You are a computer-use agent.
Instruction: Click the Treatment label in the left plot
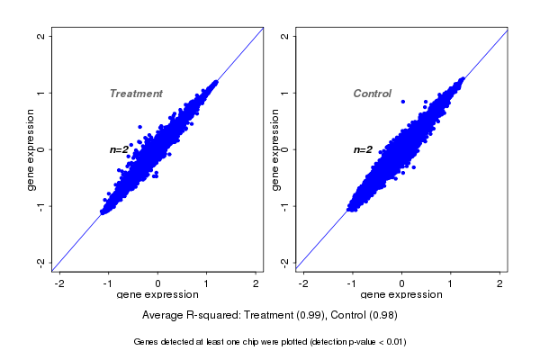click(136, 94)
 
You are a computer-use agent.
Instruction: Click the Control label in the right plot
click(372, 94)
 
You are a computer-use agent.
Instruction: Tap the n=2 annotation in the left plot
click(121, 149)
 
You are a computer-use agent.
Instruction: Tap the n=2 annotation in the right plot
click(363, 149)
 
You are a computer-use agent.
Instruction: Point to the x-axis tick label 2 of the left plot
click(256, 283)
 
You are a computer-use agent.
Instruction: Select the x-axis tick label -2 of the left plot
click(59, 283)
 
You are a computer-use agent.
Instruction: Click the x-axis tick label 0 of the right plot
click(402, 283)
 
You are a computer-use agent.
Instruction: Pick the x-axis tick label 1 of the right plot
click(451, 283)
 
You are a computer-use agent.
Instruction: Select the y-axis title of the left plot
click(31, 149)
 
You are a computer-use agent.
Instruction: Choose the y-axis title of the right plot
click(274, 149)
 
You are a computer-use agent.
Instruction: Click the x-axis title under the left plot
click(158, 295)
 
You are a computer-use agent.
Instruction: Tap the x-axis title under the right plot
click(401, 295)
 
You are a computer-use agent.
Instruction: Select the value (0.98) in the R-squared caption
click(382, 316)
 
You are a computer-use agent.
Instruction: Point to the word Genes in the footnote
click(147, 343)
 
